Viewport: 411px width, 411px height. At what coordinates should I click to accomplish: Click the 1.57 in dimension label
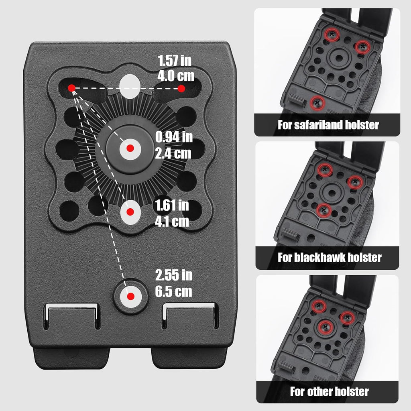pos(175,61)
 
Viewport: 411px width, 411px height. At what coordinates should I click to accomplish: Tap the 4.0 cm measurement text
pos(176,76)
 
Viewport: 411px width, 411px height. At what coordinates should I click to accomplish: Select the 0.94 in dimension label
pos(174,137)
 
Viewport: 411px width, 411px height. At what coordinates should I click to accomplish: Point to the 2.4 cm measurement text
pos(173,153)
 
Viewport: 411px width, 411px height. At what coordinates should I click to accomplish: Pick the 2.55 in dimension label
pos(174,275)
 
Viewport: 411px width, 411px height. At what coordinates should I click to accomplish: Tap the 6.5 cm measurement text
pos(173,291)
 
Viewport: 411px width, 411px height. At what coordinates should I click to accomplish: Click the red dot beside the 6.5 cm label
pos(130,297)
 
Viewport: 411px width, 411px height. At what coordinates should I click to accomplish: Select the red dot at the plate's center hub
pos(130,149)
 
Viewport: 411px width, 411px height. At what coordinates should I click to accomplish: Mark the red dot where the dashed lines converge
pos(71,88)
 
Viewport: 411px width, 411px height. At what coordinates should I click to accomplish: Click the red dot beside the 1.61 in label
pos(130,212)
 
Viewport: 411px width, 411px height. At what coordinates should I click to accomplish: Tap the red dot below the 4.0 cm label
pos(181,89)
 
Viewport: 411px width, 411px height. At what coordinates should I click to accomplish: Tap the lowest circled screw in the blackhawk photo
pos(324,210)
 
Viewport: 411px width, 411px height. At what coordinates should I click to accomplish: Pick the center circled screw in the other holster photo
pos(326,327)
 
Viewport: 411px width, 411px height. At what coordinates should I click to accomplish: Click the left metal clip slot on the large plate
pos(72,316)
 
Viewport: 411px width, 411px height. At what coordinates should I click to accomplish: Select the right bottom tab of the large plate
pos(189,358)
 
